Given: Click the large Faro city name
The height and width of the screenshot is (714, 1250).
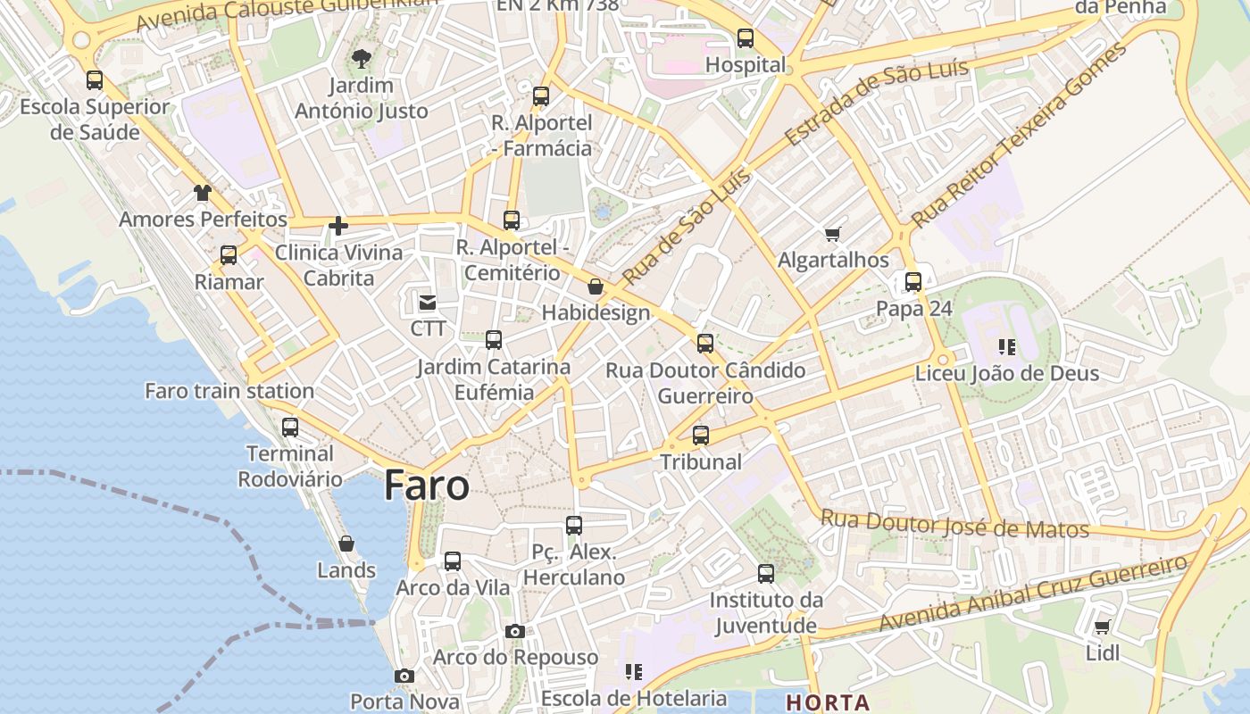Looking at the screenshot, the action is (x=427, y=486).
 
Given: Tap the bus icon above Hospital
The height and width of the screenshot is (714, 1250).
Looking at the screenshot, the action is (x=746, y=38).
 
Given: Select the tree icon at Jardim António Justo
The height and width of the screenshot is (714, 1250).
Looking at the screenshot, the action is (x=362, y=60).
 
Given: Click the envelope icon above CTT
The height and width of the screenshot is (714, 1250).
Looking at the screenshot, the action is (x=428, y=303).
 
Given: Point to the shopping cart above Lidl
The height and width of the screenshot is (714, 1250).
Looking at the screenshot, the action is (x=1102, y=627).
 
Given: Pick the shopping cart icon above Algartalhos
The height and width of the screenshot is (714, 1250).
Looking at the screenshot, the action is (x=833, y=234).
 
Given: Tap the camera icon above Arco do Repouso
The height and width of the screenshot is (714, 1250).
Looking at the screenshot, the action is (x=514, y=631).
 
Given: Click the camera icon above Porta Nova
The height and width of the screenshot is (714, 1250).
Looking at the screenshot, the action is (x=404, y=676).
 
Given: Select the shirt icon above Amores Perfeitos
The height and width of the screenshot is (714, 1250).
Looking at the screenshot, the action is (x=203, y=193).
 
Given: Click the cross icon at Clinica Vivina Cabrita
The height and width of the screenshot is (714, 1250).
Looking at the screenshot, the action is (x=338, y=226).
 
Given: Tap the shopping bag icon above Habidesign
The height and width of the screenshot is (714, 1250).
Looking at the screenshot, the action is (x=596, y=286).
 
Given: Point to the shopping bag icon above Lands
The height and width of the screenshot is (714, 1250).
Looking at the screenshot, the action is (x=346, y=544).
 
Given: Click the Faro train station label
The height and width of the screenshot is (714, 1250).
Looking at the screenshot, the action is (x=229, y=391).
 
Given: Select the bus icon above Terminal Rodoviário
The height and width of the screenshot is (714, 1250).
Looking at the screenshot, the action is (x=290, y=427).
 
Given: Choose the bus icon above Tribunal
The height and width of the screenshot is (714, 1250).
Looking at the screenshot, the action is (x=701, y=436).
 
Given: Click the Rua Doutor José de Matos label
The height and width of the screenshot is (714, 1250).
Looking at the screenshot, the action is (x=954, y=524).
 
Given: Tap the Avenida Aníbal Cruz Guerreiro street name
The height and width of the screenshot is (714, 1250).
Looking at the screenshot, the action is (x=1033, y=593).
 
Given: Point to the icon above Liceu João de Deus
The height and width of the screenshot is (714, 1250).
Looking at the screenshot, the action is (x=1007, y=346).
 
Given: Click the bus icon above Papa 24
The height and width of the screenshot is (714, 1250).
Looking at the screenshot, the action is (x=913, y=282).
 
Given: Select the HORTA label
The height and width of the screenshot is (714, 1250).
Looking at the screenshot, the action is (x=828, y=702).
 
